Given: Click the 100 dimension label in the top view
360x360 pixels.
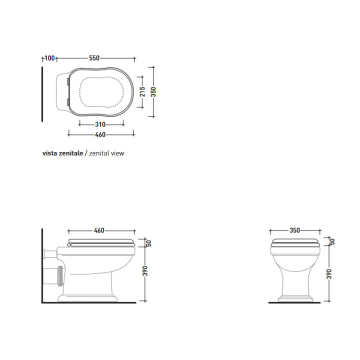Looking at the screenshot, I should pos(49,58).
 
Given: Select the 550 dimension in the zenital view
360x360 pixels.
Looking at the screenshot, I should pos(94,58).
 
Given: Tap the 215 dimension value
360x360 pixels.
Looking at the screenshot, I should pos(142,91).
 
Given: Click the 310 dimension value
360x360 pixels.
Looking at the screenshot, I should pos(100,124).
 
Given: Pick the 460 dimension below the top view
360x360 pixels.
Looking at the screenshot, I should pos(100,134).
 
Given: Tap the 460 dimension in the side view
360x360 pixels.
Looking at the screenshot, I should pos(99,230).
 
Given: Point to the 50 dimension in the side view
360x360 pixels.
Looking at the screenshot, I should pos(148,243).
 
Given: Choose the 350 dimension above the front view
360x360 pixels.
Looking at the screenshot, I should pos(294,230).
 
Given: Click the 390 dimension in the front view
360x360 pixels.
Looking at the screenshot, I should pos(330,274).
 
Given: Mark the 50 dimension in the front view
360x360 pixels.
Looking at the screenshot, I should pos(332,241).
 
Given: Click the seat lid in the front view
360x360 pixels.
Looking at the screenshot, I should pos(294,243).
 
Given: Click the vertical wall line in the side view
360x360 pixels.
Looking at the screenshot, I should pos(41,265).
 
